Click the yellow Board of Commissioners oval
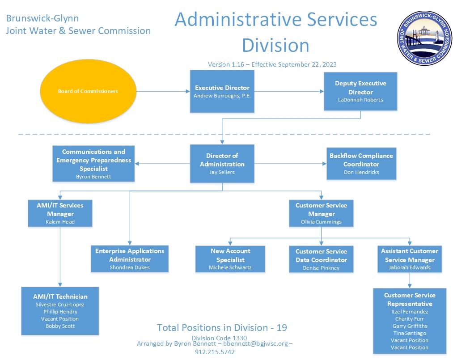click(88, 91)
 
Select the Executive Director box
click(222, 91)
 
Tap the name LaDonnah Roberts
click(360, 100)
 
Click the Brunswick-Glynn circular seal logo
click(425, 38)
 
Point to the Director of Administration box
click(222, 164)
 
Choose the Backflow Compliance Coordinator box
click(361, 164)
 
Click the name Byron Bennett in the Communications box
click(93, 177)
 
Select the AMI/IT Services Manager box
click(60, 213)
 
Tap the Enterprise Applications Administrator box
click(130, 259)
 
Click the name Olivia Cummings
click(321, 222)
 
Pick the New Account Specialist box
click(230, 259)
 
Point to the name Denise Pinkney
click(321, 268)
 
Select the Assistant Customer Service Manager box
click(410, 259)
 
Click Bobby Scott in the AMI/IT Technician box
click(60, 326)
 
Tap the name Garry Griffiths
click(410, 326)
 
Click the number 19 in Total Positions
click(282, 328)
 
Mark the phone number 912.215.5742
click(215, 352)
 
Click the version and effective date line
click(272, 64)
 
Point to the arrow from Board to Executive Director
click(163, 91)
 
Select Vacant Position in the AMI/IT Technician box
click(60, 319)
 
